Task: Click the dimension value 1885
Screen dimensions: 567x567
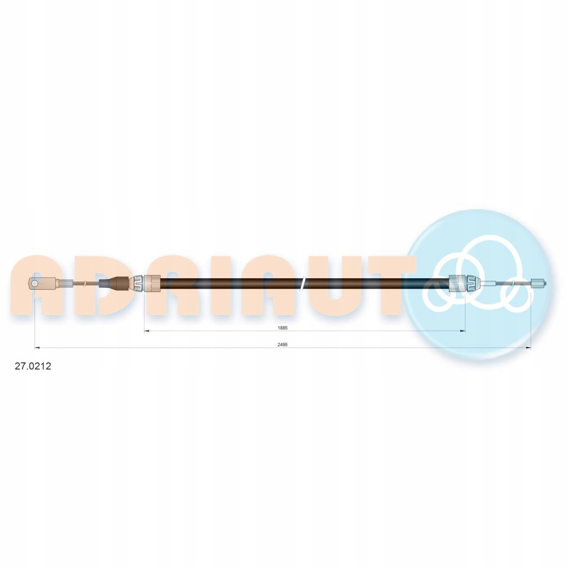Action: point(282,327)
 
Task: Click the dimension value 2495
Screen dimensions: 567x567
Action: point(282,344)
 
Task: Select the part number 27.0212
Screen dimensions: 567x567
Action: point(33,366)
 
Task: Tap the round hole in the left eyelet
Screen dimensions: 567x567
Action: point(35,283)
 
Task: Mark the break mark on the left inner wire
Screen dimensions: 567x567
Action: point(85,283)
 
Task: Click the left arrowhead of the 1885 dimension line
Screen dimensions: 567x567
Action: point(146,331)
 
